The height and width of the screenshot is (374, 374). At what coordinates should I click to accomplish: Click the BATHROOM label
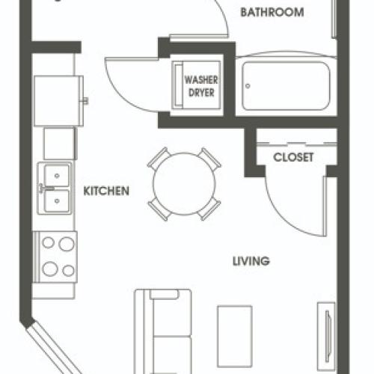tap(272, 12)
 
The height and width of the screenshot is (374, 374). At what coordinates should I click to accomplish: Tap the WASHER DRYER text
tap(201, 86)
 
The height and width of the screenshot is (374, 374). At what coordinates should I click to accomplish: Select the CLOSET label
tap(293, 157)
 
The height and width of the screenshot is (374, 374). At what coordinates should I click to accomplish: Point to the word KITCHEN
tap(106, 191)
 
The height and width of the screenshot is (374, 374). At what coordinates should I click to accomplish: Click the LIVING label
tap(251, 261)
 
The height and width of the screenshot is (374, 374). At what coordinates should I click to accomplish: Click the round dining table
tap(184, 184)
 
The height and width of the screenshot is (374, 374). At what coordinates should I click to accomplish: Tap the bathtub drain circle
tap(248, 86)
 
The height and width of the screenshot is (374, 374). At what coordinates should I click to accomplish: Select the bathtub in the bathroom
tap(286, 86)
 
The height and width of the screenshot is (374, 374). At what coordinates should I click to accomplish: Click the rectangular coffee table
tap(235, 336)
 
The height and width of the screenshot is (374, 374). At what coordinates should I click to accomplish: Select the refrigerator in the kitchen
tap(58, 101)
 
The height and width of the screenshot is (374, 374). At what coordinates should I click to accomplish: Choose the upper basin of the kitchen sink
tap(57, 176)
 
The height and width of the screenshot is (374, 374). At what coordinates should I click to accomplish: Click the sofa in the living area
tap(163, 331)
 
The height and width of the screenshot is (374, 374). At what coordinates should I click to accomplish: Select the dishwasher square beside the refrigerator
tap(59, 144)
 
